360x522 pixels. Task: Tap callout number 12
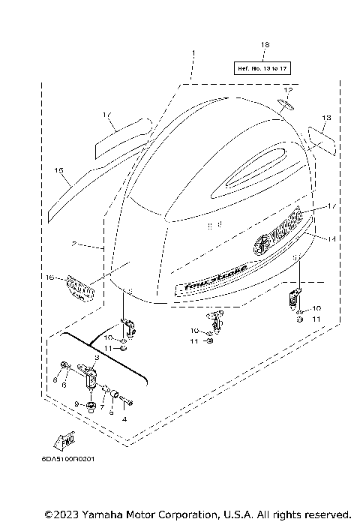(x=288, y=91)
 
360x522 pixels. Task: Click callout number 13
(x=326, y=118)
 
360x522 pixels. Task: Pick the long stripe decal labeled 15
(x=75, y=195)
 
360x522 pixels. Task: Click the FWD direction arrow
(x=62, y=438)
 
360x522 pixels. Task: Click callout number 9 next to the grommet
(x=76, y=404)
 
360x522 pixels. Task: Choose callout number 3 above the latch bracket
(x=96, y=358)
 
